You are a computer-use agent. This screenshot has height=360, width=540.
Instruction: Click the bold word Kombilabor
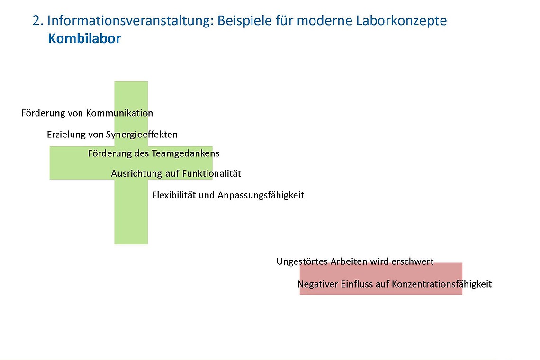[84, 39]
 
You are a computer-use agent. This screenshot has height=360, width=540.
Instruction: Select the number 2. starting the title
[38, 21]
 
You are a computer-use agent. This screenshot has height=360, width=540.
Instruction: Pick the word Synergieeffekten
[142, 135]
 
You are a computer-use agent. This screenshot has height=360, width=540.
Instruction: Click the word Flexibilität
[174, 195]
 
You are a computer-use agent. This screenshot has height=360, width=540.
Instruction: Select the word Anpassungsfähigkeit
[261, 195]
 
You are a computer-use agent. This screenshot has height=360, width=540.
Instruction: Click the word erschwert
[412, 261]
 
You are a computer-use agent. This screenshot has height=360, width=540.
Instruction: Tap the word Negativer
[317, 284]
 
